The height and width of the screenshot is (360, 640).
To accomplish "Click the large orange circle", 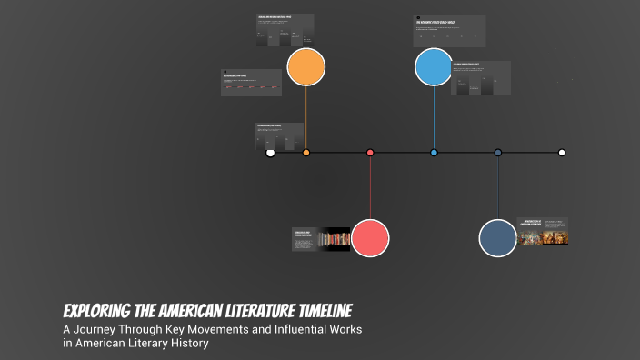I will [306, 67].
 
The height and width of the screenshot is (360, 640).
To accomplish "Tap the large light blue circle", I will [434, 67].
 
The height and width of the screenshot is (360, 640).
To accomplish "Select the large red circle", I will [370, 238].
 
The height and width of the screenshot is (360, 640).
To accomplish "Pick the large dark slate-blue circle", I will [497, 238].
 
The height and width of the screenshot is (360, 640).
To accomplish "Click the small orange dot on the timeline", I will [306, 153].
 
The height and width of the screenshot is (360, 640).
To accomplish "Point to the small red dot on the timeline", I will [370, 153].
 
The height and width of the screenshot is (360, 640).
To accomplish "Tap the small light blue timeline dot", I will [434, 153].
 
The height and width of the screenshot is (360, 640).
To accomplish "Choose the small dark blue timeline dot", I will [498, 153].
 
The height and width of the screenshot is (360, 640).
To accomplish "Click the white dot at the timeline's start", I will [270, 153].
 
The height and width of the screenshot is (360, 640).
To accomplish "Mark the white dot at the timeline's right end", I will [562, 153].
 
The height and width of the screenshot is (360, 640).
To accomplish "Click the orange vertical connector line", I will [306, 118].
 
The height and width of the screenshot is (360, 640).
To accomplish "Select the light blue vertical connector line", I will [434, 118].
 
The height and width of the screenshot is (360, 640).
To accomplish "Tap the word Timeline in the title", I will [314, 310].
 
